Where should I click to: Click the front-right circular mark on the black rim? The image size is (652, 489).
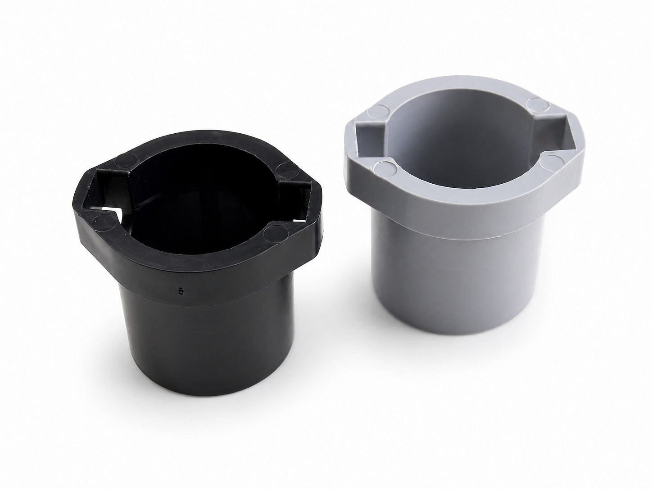276,233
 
